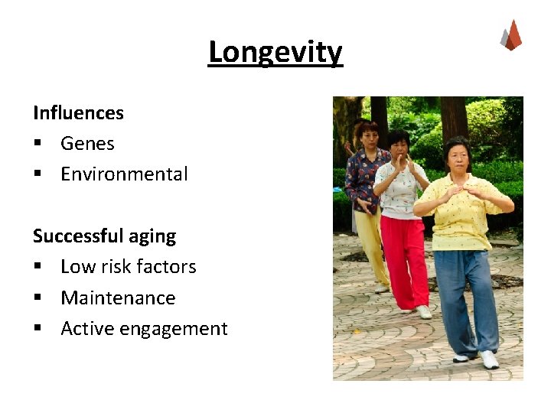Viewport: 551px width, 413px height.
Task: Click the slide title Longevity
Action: click(x=275, y=53)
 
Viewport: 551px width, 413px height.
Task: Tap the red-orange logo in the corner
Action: click(x=510, y=35)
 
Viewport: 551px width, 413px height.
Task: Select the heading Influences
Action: click(x=78, y=113)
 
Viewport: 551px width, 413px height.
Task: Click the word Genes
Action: click(x=87, y=144)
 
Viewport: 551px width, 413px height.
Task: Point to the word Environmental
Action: click(x=124, y=174)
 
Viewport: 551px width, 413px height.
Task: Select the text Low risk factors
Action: click(x=128, y=267)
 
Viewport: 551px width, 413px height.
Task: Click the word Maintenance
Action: click(x=118, y=298)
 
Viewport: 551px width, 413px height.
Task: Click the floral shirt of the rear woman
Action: click(x=363, y=180)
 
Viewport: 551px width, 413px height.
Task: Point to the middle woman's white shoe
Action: click(x=423, y=311)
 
